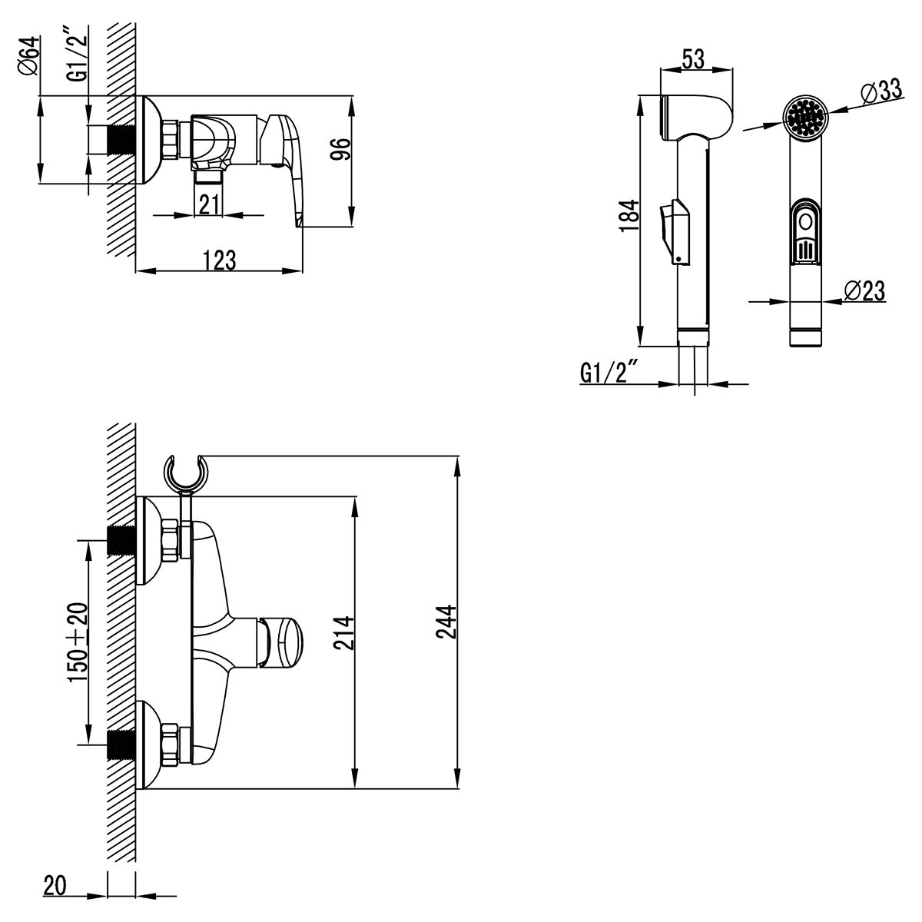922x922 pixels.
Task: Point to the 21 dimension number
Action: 210,204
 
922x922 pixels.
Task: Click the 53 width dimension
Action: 695,59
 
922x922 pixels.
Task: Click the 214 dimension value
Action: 345,633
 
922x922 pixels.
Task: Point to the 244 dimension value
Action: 447,622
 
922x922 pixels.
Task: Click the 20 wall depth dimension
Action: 54,887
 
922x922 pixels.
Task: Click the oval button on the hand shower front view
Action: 804,222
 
